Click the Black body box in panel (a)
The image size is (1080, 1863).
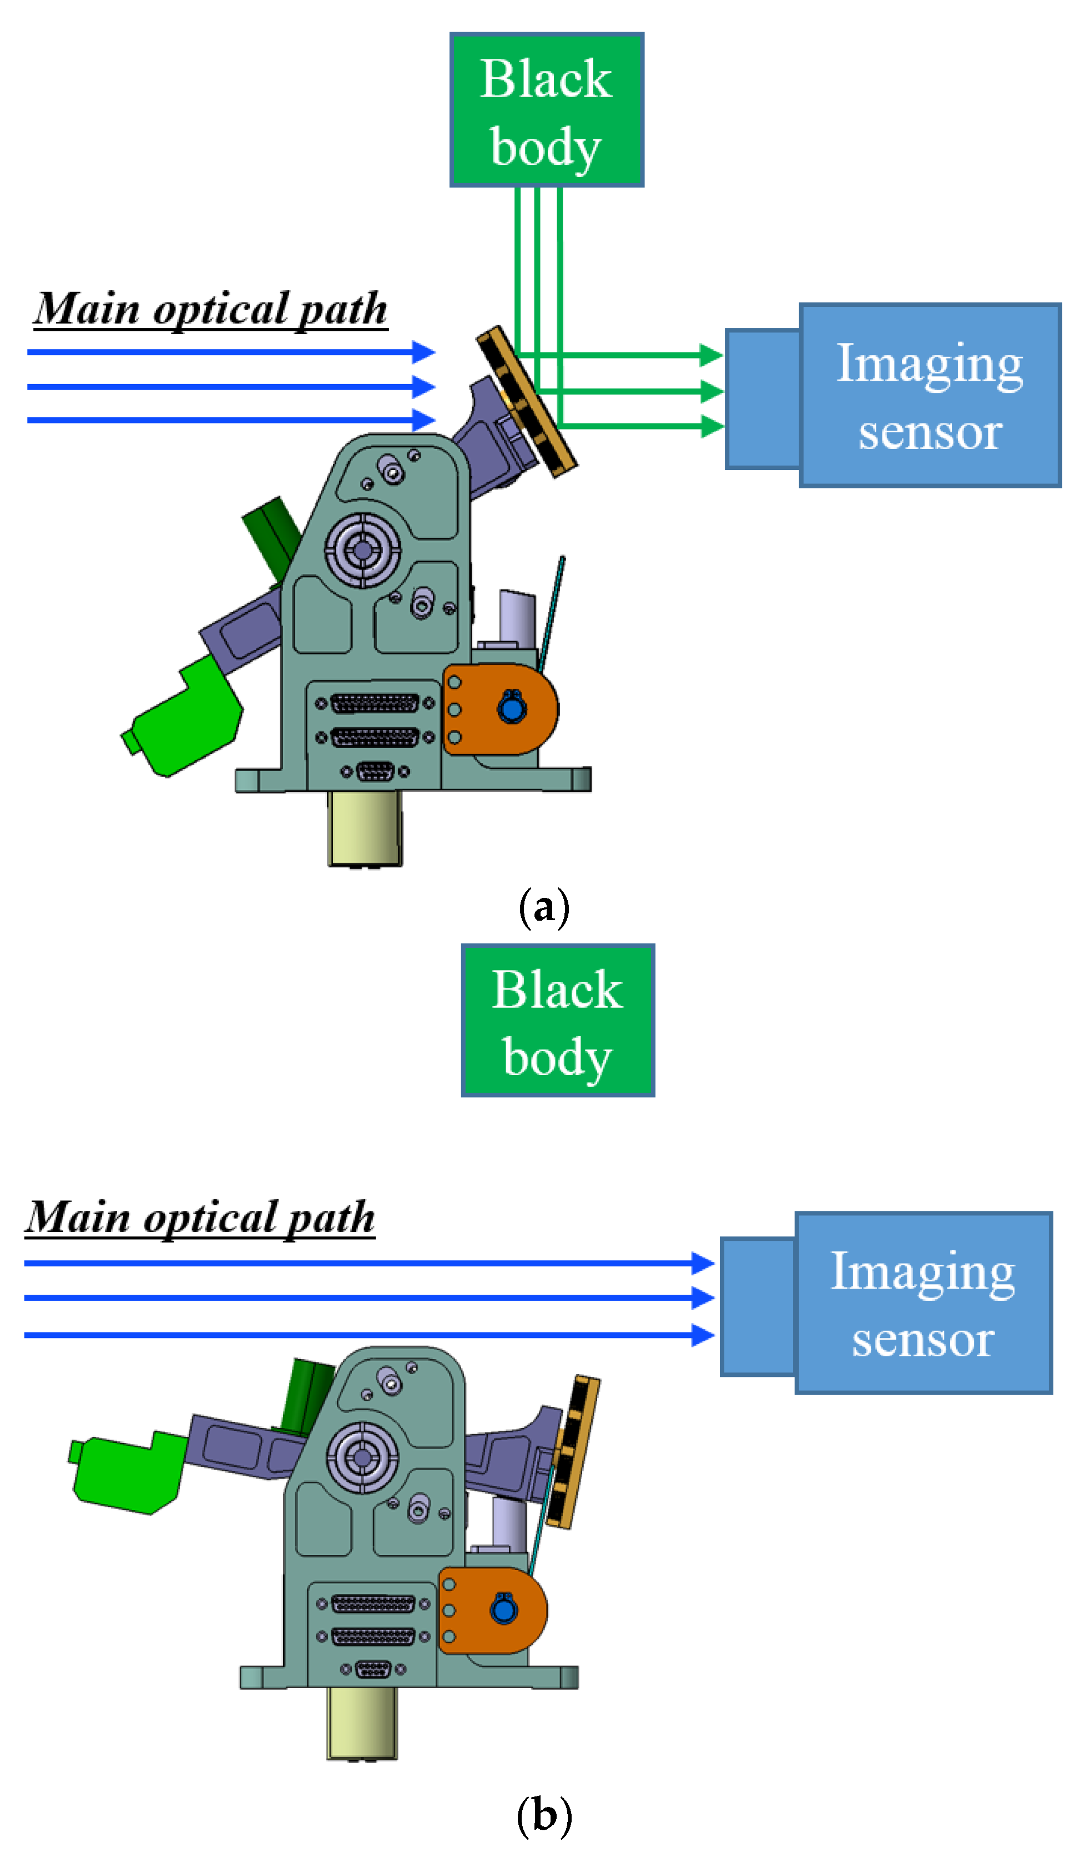coord(546,109)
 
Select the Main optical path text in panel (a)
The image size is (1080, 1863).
coord(211,309)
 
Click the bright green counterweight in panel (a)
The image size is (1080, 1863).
coord(185,716)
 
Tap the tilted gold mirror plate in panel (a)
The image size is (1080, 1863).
coord(526,401)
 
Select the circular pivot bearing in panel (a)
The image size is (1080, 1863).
coord(362,550)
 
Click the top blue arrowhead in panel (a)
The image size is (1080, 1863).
coord(423,352)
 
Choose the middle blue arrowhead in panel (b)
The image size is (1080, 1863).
coord(702,1297)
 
